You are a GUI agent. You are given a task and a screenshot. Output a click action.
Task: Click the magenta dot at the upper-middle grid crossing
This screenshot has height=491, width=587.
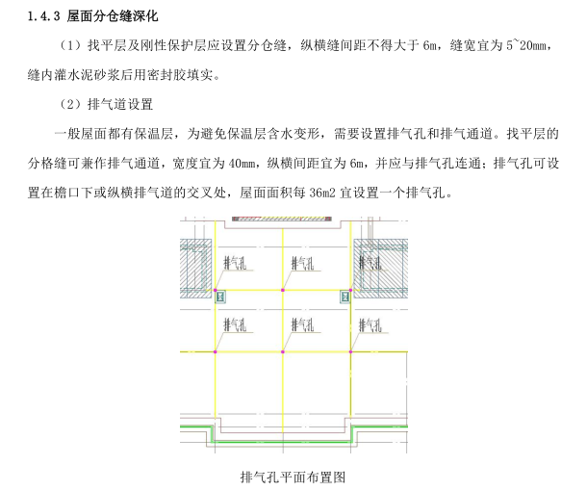[x=282, y=291]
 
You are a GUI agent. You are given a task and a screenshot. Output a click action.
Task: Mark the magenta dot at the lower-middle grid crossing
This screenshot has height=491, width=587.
[x=282, y=351]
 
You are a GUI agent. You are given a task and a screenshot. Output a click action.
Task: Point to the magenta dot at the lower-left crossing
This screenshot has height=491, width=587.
[x=216, y=351]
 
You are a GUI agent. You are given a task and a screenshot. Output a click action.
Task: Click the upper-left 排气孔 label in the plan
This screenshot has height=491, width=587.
[x=236, y=263]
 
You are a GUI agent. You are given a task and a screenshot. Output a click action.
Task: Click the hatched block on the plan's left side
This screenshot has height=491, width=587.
[x=195, y=262]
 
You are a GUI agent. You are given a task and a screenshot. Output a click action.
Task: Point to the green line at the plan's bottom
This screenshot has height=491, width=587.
[x=289, y=428]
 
